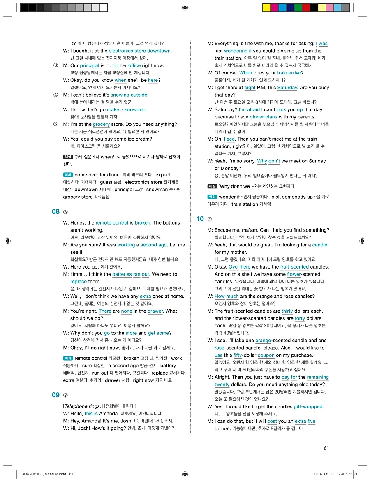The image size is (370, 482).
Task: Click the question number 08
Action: click(x=55, y=212)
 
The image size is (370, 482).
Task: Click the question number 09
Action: click(x=55, y=395)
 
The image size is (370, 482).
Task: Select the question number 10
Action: click(x=200, y=219)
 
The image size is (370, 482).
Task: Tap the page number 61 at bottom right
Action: click(x=326, y=448)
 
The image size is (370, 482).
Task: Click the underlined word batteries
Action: click(x=122, y=274)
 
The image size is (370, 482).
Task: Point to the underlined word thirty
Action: click(x=287, y=311)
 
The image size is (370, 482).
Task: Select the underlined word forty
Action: click(x=300, y=318)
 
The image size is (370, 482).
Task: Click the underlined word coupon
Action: click(x=266, y=355)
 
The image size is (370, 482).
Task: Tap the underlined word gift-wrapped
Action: click(x=308, y=407)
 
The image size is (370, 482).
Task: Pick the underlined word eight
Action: click(x=250, y=88)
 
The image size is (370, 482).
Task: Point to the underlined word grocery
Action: click(x=101, y=124)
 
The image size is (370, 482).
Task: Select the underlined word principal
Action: click(x=89, y=65)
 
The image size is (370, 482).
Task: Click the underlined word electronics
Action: click(x=120, y=51)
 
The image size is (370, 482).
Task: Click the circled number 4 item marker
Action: click(x=55, y=95)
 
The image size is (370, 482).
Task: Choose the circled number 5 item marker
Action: click(x=55, y=124)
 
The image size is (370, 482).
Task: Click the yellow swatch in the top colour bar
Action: click(x=266, y=7)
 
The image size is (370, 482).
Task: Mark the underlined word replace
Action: click(x=78, y=282)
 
